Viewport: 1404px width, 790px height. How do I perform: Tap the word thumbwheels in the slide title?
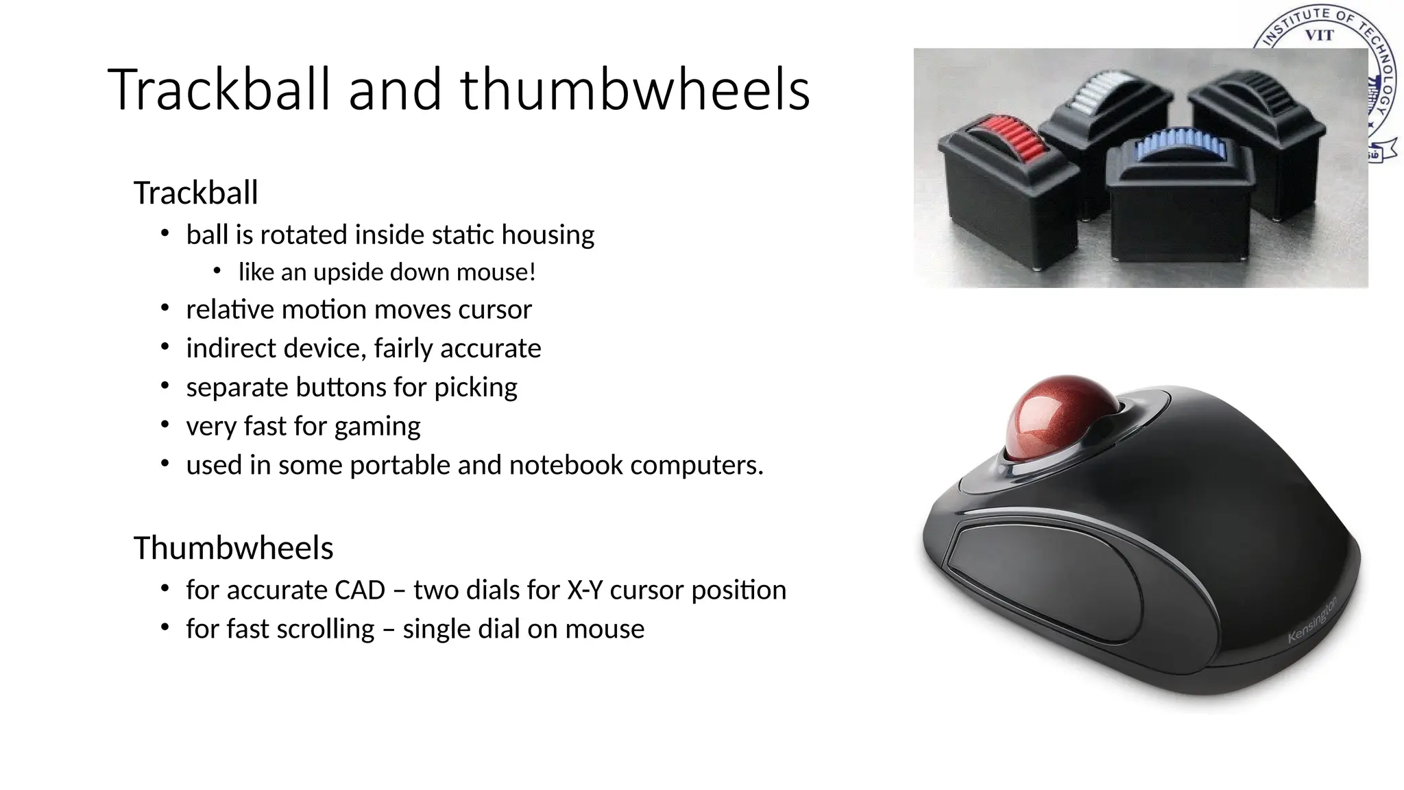coord(635,89)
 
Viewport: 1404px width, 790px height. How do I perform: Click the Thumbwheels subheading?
coord(233,548)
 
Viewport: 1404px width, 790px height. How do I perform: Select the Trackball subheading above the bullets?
coord(195,193)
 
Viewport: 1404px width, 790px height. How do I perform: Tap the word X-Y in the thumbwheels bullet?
coord(585,590)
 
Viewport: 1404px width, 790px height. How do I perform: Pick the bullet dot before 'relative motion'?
coord(165,309)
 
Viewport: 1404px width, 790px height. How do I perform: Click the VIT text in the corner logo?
coord(1319,35)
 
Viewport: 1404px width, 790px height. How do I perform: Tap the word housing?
coord(548,235)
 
